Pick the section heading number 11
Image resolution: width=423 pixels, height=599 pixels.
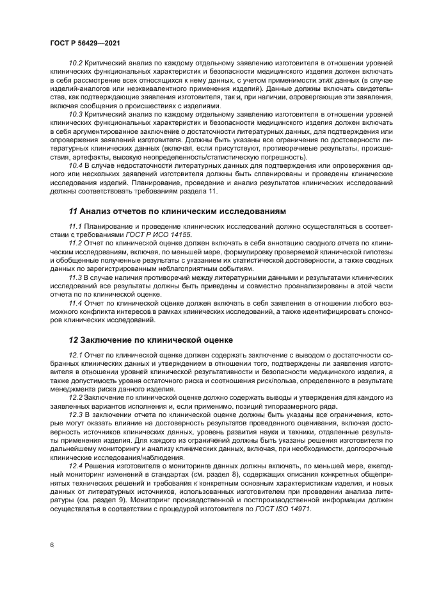tap(73, 211)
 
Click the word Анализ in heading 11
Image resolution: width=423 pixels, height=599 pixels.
tap(98, 211)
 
